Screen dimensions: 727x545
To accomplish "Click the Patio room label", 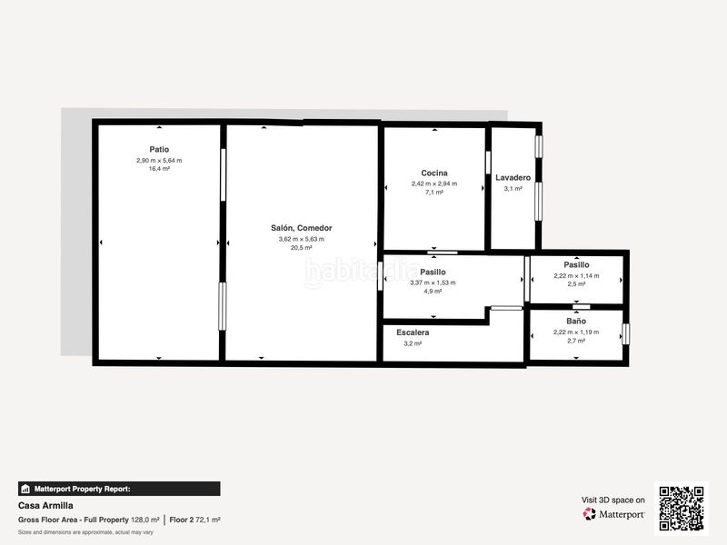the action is coord(159,149).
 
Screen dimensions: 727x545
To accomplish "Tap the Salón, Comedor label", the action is coord(302,228).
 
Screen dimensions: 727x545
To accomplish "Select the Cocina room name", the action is coord(434,173).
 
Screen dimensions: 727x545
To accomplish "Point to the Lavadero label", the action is coord(513,177).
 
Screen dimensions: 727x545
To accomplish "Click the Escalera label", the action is coord(413,332).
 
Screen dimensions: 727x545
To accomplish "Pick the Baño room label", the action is coord(576,321).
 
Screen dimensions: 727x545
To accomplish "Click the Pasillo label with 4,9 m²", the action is coord(433,272).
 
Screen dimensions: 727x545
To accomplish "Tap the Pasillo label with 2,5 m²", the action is coord(576,264).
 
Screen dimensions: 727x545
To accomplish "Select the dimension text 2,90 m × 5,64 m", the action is coord(159,161).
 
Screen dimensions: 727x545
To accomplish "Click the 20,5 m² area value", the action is coord(302,248).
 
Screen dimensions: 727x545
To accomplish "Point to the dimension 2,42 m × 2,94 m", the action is coord(434,183).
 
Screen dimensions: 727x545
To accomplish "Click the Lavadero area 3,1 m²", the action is coord(513,189).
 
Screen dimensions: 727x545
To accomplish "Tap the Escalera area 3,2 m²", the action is coord(413,343).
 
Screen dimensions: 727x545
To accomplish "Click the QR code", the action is coord(682,509).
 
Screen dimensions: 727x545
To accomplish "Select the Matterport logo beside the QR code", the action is coord(614,514).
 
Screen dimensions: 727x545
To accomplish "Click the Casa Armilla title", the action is coord(45,506).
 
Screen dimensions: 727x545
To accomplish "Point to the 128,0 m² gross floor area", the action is coord(145,520).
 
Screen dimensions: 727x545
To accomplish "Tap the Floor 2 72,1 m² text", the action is coord(194,520).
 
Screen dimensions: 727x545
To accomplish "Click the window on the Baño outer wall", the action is coord(625,334).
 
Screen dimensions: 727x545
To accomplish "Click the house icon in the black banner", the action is coord(25,489).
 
